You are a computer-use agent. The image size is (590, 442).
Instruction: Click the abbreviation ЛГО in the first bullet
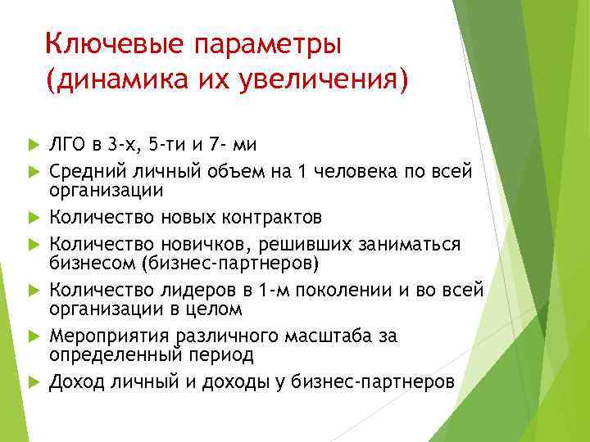(68, 146)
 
